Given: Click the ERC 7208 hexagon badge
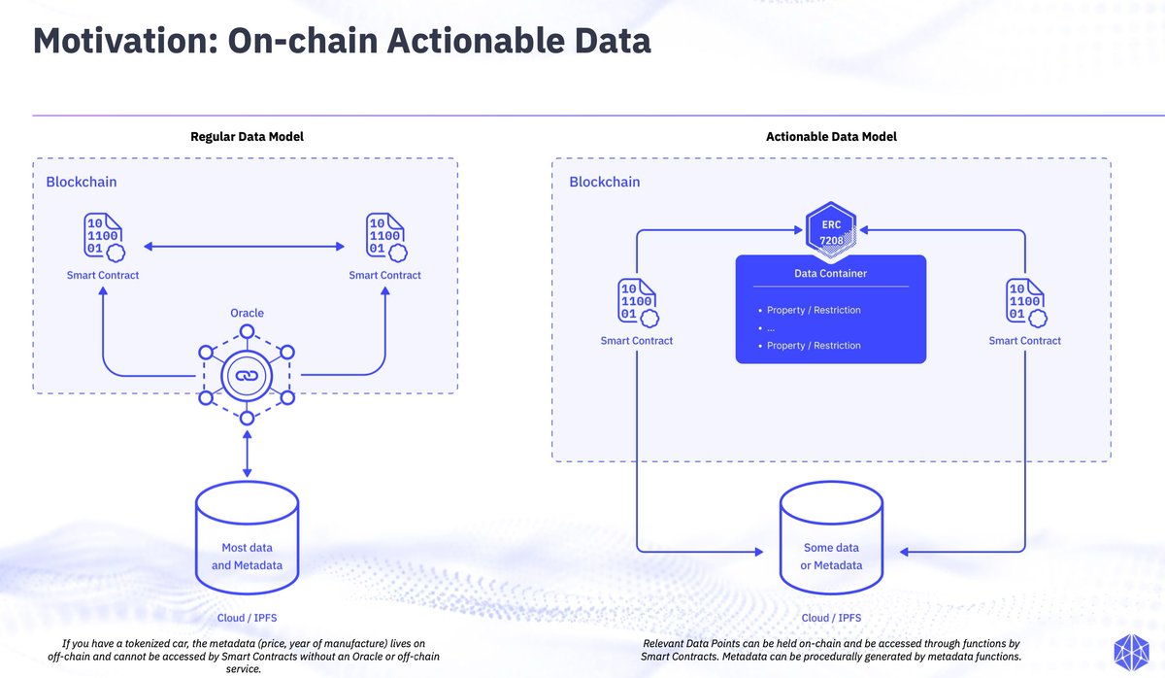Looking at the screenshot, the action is (x=831, y=230).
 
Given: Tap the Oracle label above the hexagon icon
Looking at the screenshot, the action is (x=247, y=313).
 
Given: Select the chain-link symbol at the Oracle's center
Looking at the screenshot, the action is (x=247, y=375).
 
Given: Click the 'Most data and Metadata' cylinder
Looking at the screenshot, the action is (x=247, y=537).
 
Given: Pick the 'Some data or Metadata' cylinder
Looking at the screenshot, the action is (x=831, y=537).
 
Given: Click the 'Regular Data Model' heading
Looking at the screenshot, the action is (x=247, y=136).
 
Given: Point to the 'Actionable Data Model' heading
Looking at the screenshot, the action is (x=831, y=136).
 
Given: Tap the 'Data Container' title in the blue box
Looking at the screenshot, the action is (x=831, y=273).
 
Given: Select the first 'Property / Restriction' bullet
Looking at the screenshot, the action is (x=814, y=310).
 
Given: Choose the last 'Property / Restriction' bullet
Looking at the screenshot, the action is (x=814, y=346).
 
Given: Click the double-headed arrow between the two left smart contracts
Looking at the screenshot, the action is (x=244, y=246).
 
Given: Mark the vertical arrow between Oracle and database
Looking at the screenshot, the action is (x=247, y=454).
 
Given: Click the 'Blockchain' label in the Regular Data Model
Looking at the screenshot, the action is (x=82, y=182).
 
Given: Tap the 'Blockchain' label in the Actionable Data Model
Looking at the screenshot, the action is (x=604, y=182).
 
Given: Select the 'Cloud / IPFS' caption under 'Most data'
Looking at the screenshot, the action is (x=247, y=618).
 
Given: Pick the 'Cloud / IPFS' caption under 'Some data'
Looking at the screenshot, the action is (x=831, y=618).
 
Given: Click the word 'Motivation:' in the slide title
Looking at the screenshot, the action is (x=125, y=41).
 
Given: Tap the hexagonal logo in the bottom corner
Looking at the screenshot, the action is (x=1132, y=653).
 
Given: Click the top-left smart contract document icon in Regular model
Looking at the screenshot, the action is (x=104, y=237).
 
